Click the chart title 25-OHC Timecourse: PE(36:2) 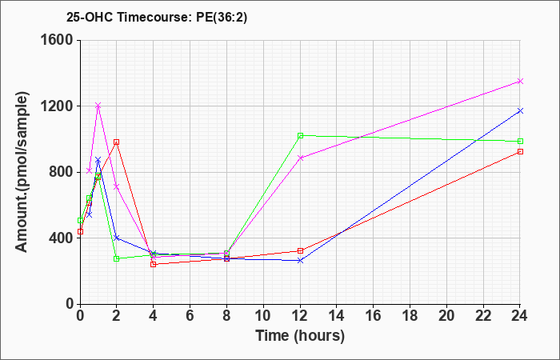(x=157, y=18)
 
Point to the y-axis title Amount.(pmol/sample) (x=22, y=172)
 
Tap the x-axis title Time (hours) (x=300, y=336)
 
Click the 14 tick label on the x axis (x=337, y=316)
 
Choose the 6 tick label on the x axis (x=190, y=316)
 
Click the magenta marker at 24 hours (x=520, y=82)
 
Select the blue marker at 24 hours (x=520, y=110)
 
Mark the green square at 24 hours (x=520, y=141)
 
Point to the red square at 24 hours (x=520, y=151)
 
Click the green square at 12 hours (x=300, y=135)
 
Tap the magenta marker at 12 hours (x=300, y=158)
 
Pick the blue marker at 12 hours (x=300, y=261)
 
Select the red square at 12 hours (x=300, y=250)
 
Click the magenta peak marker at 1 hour (x=98, y=106)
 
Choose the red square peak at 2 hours (x=117, y=142)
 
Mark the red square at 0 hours (x=80, y=231)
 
